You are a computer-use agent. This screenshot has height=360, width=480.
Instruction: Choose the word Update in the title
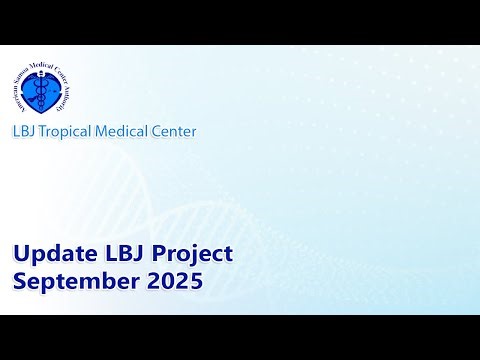[x=49, y=254]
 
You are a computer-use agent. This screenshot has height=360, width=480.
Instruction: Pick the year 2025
[x=175, y=281]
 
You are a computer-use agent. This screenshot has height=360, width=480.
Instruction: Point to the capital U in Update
[x=20, y=254]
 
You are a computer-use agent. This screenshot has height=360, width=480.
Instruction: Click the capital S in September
[x=19, y=281]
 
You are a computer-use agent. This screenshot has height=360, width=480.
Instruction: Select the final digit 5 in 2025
[x=196, y=281]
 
